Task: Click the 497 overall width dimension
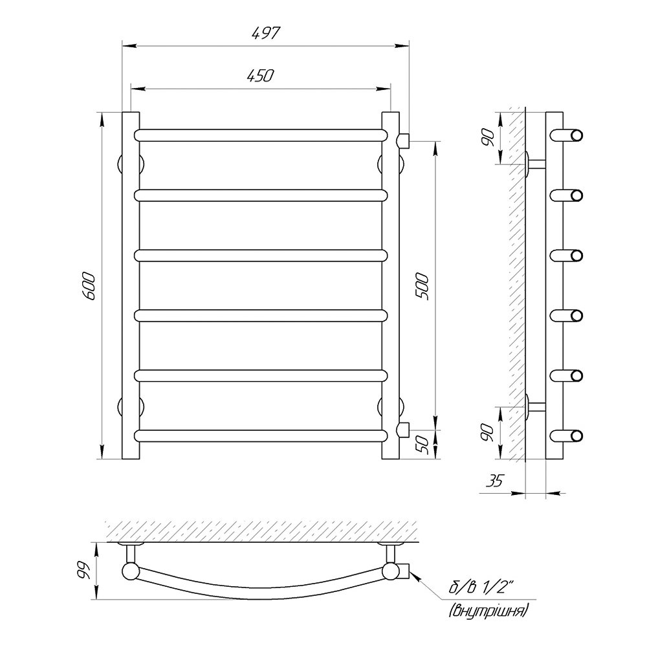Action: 266,34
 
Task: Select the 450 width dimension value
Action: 260,76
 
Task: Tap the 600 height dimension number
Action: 89,286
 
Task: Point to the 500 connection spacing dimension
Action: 422,286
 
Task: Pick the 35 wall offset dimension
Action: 494,480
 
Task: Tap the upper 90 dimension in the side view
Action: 488,138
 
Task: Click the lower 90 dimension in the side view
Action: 488,432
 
